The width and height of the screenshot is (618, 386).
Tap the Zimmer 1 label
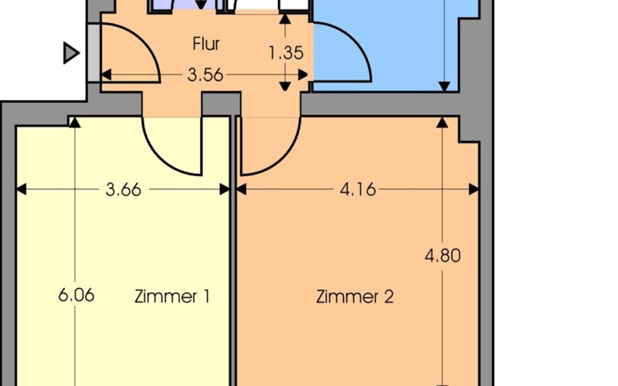tap(172, 296)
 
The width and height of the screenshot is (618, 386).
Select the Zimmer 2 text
tap(355, 296)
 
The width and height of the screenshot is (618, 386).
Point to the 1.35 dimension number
tap(286, 54)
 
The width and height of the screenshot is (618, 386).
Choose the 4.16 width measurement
tap(357, 189)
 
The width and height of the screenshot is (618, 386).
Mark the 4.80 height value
tap(442, 256)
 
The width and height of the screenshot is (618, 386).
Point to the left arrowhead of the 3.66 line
tap(21, 189)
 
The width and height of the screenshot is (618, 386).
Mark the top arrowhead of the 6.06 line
tap(74, 122)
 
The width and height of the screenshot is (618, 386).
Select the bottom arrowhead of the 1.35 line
tap(286, 85)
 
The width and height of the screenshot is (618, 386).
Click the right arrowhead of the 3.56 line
tap(307, 76)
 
